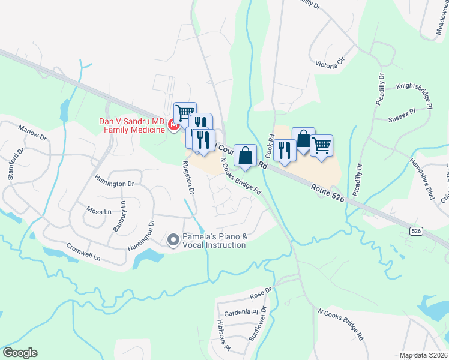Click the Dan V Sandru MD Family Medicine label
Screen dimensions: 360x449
point(131,125)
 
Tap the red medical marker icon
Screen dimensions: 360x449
point(173,125)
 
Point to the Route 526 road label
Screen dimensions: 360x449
point(328,197)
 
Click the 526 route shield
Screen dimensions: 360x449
point(415,230)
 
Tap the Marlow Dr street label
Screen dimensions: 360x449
point(32,133)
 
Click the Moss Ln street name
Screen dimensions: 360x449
point(99,212)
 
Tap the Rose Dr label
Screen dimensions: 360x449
point(261,293)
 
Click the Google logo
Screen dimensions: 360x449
point(20,353)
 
